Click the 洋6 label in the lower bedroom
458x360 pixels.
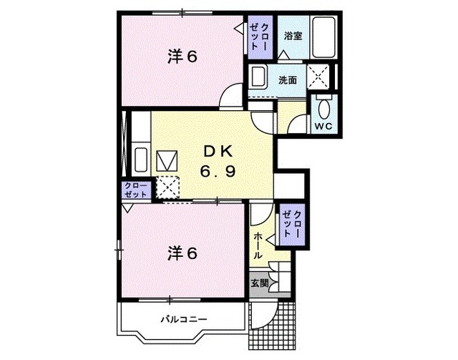point(182,252)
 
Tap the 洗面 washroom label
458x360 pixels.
point(288,80)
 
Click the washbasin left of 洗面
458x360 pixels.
point(258,77)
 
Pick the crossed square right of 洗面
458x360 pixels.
point(319,77)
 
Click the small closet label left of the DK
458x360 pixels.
point(136,190)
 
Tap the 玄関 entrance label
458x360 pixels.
point(259,283)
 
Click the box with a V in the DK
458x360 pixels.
point(169,159)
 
